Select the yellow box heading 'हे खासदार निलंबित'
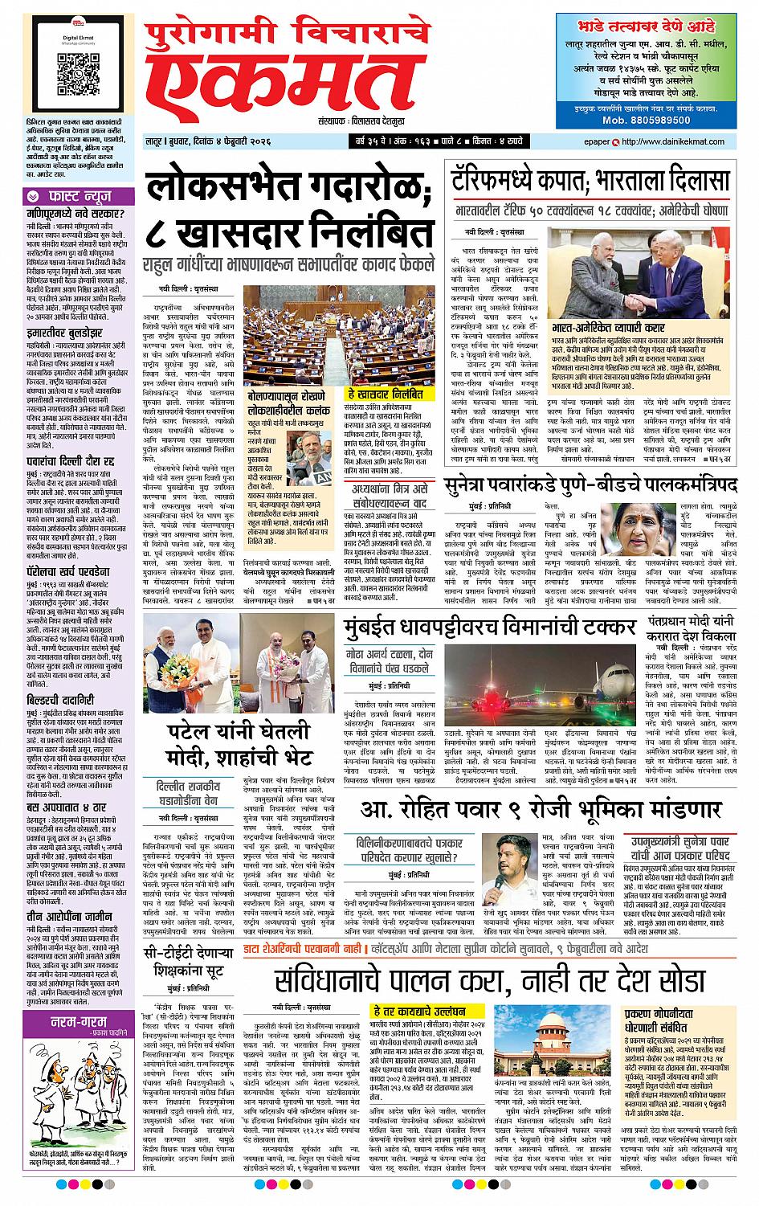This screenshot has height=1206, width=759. (385, 395)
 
